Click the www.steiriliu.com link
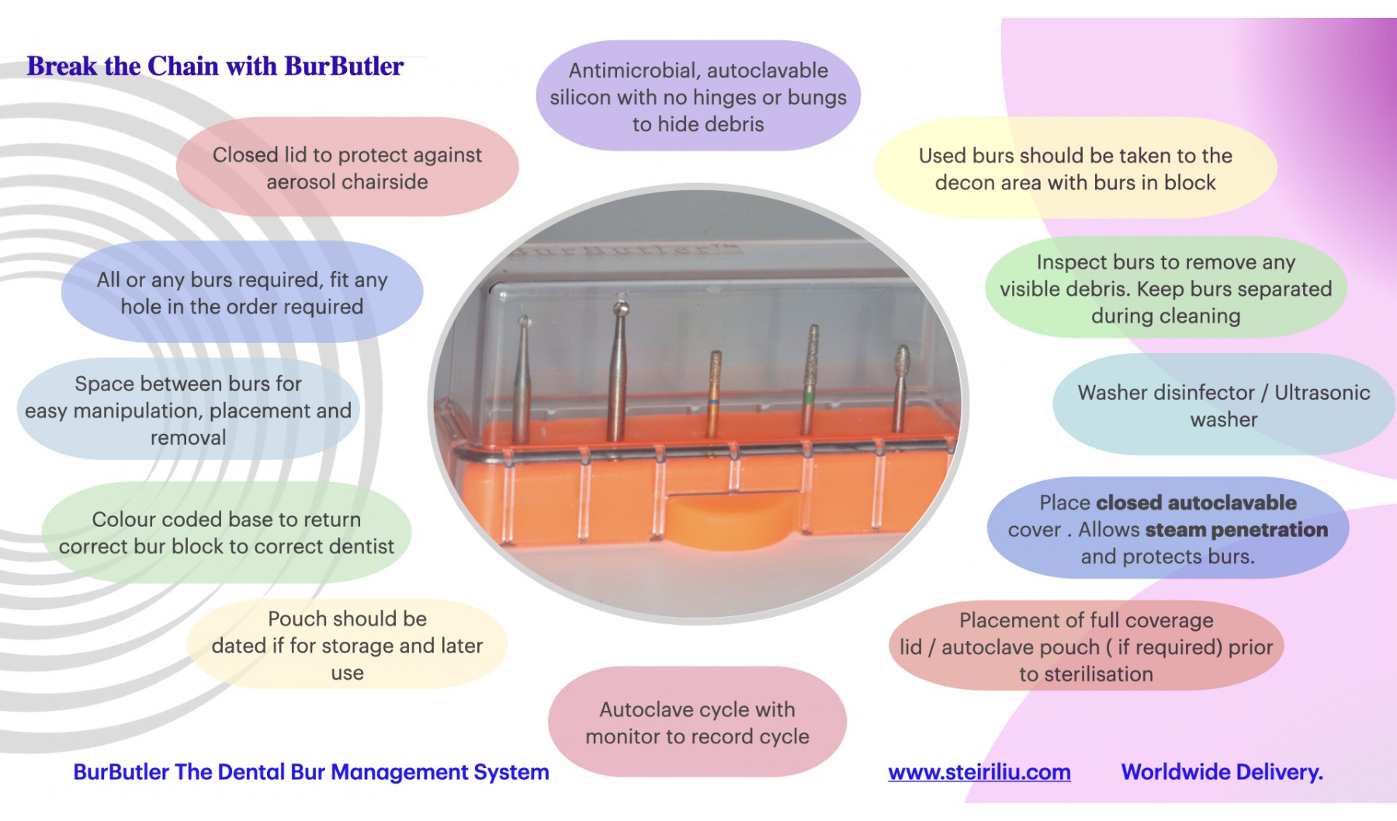979,772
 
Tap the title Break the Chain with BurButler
215,66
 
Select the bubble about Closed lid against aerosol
347,168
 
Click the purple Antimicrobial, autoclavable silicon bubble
698,97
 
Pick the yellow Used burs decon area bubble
1075,169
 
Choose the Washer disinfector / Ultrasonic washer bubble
1223,405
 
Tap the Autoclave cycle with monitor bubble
697,722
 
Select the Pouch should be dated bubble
347,645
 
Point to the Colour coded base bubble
226,532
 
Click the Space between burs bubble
188,410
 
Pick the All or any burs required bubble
241,293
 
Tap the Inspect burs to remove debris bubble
1165,289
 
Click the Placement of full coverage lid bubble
1086,646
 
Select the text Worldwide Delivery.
1222,772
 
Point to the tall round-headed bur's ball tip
620,309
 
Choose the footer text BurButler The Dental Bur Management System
310,772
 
